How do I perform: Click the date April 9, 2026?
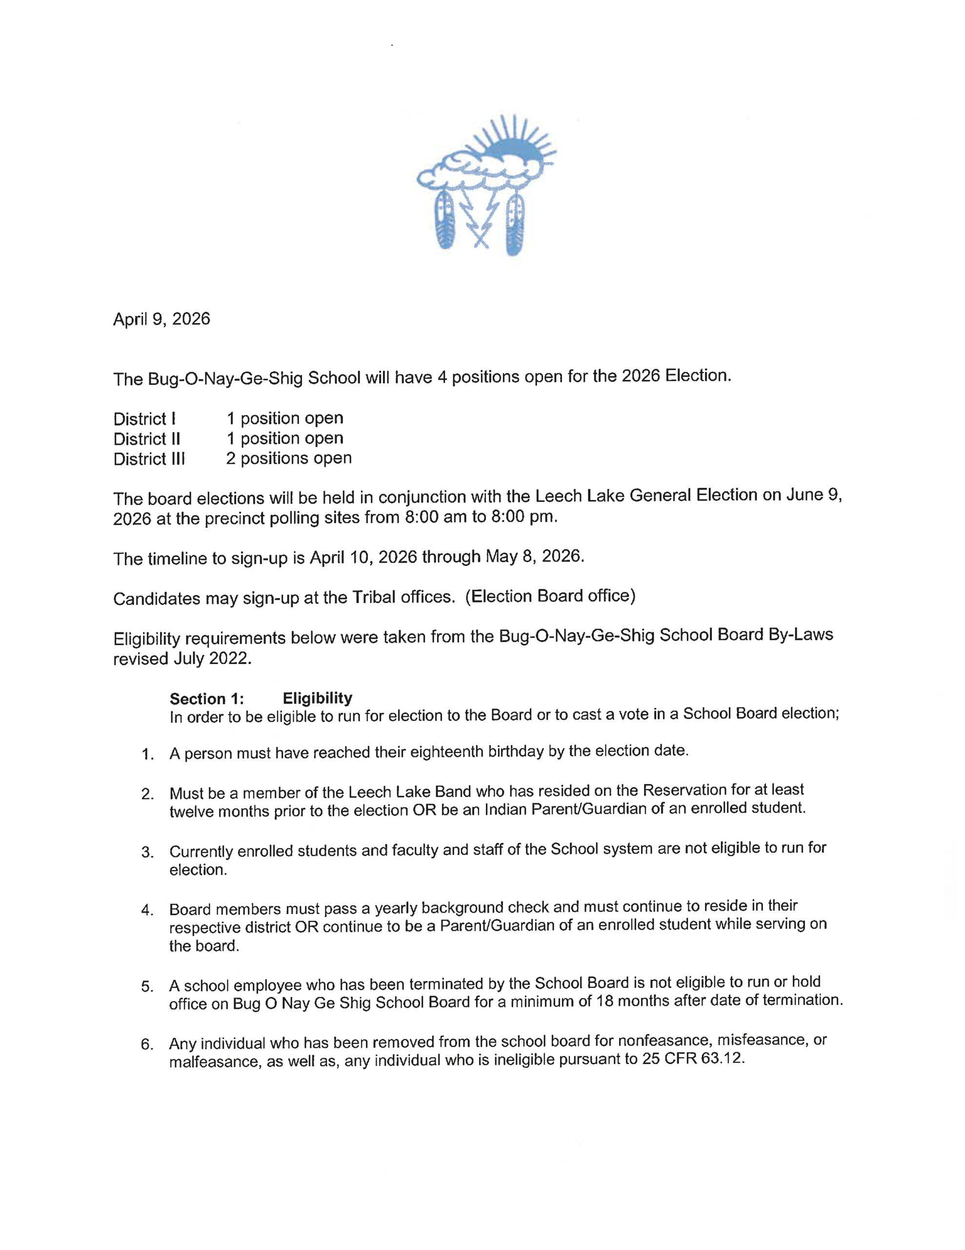point(161,319)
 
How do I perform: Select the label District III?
point(149,459)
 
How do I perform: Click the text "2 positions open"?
point(288,458)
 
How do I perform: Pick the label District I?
point(144,419)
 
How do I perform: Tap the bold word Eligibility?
point(318,698)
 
